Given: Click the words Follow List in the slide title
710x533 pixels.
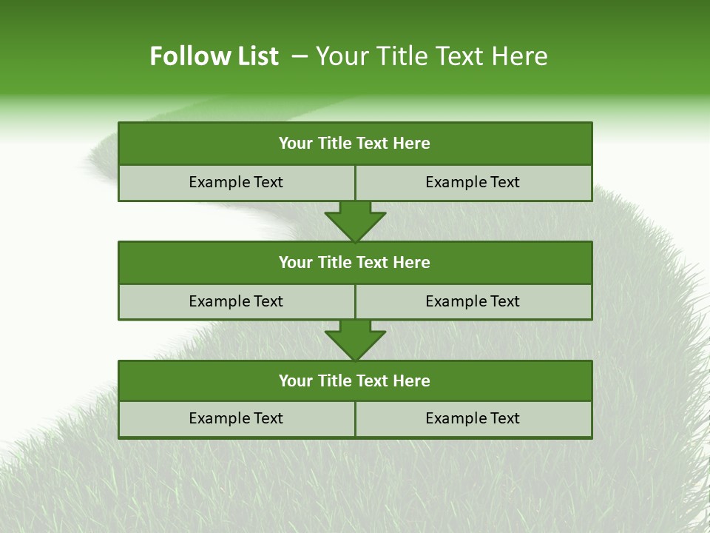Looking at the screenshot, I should click(x=214, y=56).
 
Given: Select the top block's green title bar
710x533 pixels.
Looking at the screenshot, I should click(x=355, y=144).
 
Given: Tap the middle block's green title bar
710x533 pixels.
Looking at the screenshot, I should click(x=355, y=262).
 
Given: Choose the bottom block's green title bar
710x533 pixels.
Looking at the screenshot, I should click(x=355, y=381).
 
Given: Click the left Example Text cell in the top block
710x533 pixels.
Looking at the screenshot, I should click(x=236, y=182).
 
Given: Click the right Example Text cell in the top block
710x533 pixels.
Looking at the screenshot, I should click(x=473, y=182).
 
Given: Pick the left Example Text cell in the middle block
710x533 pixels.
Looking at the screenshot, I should click(x=236, y=301).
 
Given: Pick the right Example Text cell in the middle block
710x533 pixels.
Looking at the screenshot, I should click(x=473, y=301).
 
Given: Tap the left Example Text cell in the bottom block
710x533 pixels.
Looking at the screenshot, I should click(x=236, y=418).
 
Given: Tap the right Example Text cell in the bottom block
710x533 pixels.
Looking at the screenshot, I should click(x=473, y=418).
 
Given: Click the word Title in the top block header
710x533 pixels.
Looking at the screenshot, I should click(x=335, y=144).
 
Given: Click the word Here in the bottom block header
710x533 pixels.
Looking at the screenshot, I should click(x=412, y=381).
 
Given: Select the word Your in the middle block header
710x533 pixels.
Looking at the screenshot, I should click(x=296, y=262).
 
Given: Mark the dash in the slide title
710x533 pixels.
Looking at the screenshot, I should click(x=300, y=56).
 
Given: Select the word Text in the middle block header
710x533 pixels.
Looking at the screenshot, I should click(x=373, y=262).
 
